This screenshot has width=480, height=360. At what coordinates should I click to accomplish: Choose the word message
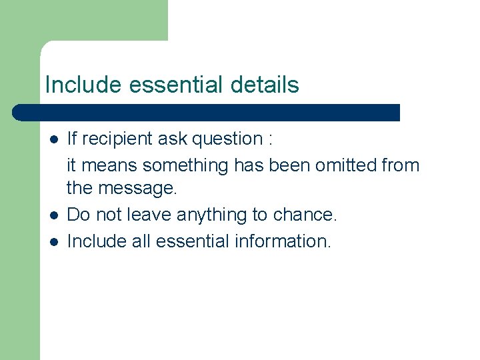(137, 189)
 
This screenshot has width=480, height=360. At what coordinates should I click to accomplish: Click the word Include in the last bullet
(97, 241)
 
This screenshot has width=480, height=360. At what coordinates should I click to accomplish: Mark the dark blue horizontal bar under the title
(207, 112)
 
